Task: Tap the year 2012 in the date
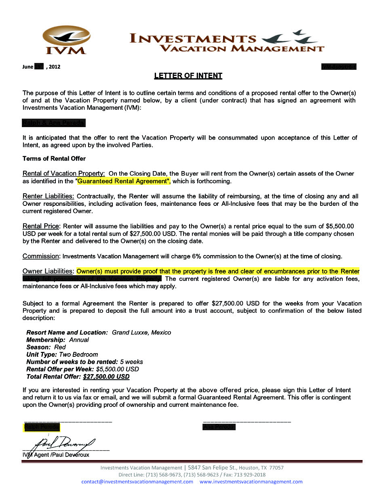[54, 67]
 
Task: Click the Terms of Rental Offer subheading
[54, 159]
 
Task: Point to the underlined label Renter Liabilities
[48, 197]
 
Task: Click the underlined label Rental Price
[41, 226]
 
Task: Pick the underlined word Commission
[41, 256]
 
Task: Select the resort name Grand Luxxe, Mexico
[141, 333]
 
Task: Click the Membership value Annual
[79, 340]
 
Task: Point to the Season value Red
[60, 347]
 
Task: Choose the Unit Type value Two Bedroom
[78, 355]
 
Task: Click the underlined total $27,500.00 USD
[106, 377]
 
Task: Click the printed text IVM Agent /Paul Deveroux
[56, 455]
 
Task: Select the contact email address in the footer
[137, 482]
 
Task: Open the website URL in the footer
[251, 482]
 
